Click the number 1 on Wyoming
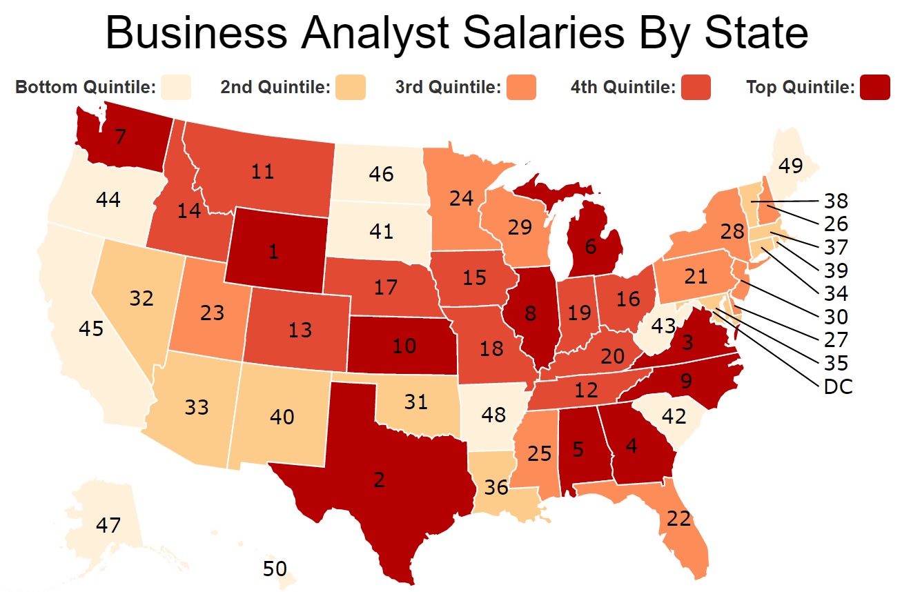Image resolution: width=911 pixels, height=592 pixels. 274,252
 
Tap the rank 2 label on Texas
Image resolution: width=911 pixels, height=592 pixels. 378,480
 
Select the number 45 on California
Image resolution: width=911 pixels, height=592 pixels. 90,328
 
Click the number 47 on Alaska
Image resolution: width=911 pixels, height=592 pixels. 108,525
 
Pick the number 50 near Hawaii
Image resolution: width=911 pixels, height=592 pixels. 275,569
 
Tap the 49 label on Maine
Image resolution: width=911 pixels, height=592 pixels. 792,165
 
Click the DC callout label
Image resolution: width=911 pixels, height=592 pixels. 839,387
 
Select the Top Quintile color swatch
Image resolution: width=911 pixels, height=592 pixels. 874,88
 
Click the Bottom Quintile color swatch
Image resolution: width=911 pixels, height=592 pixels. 175,88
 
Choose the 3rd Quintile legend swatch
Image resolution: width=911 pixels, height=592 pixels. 521,88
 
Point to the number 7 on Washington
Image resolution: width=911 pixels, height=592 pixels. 120,137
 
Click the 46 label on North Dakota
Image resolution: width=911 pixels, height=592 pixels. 381,173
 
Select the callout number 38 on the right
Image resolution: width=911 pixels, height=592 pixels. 836,201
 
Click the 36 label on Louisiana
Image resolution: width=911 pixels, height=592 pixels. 496,488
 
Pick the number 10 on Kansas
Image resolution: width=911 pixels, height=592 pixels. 404,346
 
